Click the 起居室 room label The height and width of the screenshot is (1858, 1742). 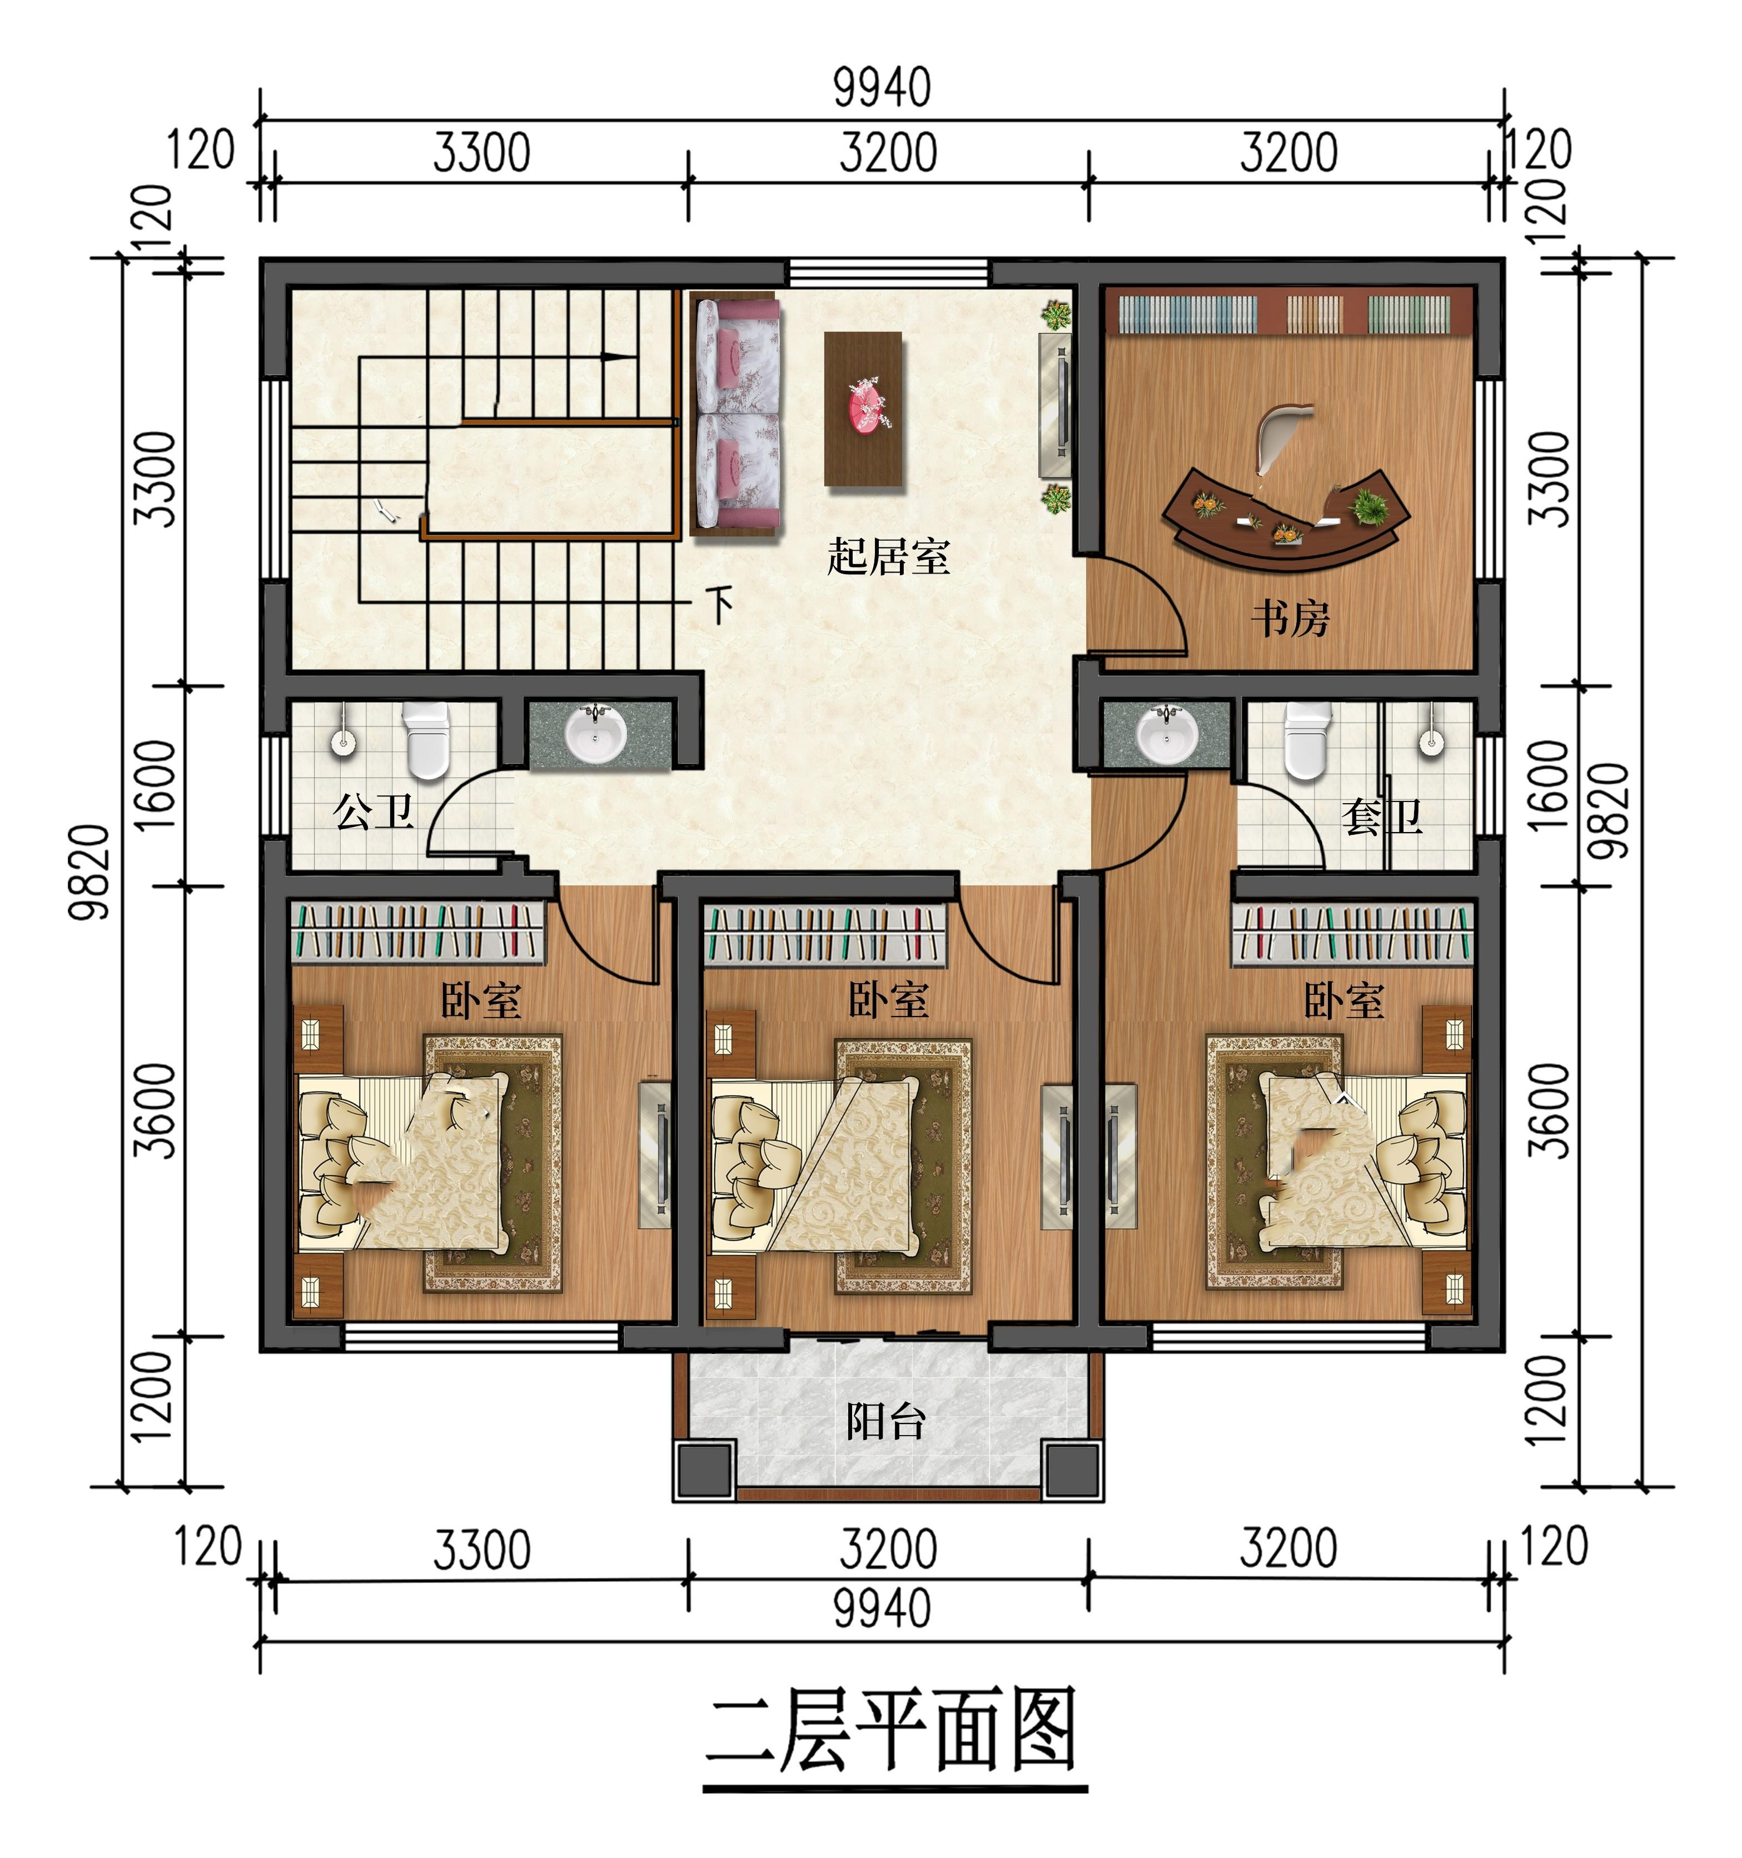tap(888, 557)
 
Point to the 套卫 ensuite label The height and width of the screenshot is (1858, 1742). tap(1381, 817)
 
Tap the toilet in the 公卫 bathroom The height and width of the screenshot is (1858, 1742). tap(426, 740)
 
